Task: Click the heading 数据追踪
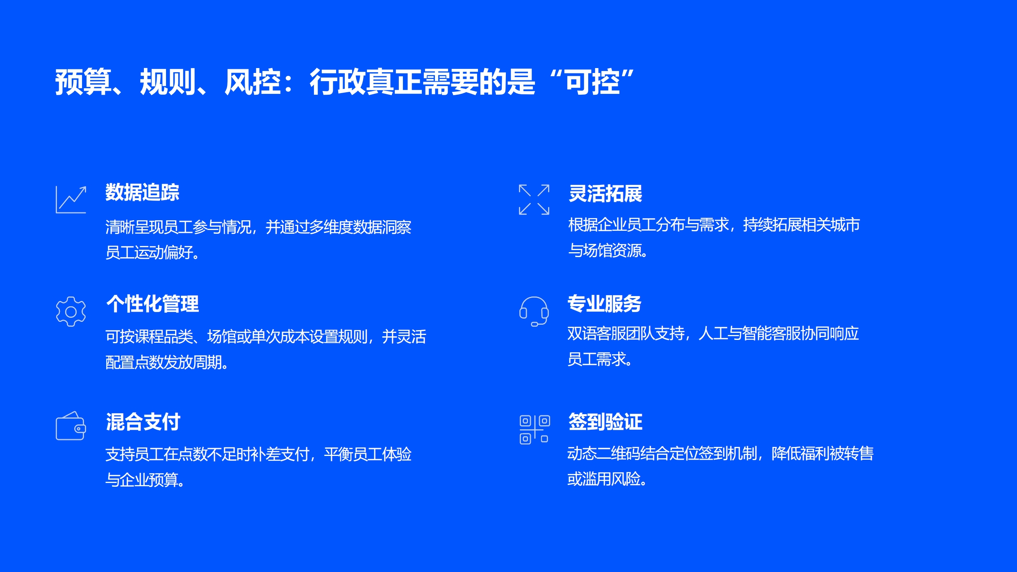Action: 142,192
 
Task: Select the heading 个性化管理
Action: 152,304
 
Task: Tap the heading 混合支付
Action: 143,422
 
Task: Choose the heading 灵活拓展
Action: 605,194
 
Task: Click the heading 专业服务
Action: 605,304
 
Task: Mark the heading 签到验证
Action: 605,422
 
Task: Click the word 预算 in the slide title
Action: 84,82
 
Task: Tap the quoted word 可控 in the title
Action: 593,82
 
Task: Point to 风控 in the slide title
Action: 253,82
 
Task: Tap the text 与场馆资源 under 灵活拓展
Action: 605,251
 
